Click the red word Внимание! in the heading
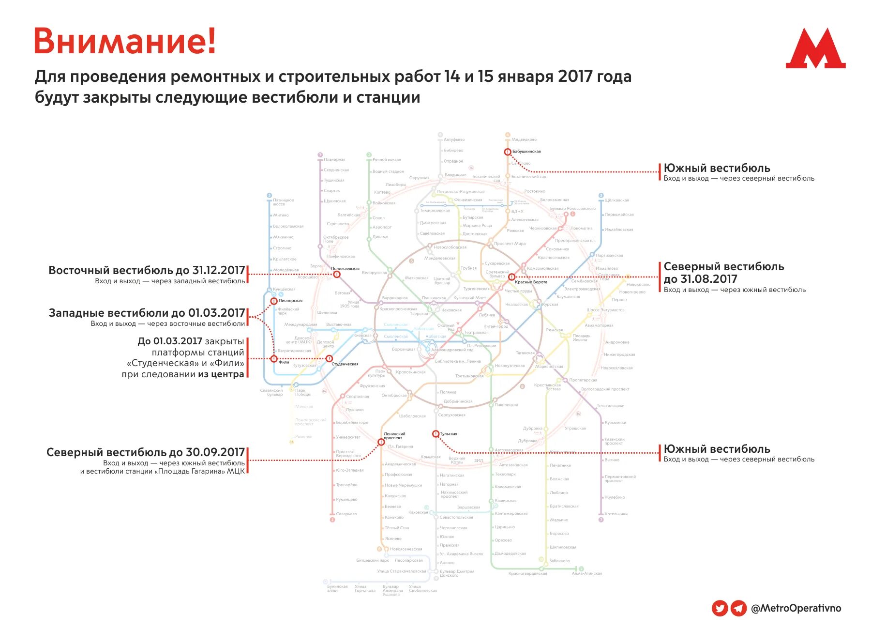[x=124, y=41]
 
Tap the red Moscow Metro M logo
[x=815, y=49]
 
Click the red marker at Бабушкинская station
[x=508, y=152]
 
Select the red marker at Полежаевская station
[x=337, y=275]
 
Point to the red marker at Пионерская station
[x=274, y=301]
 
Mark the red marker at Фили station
[x=274, y=359]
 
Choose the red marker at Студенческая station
[x=329, y=359]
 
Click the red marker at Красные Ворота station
[x=511, y=277]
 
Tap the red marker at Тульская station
[x=435, y=434]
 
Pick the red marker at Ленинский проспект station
[x=381, y=442]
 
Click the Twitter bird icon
[x=720, y=608]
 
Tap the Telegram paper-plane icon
[x=738, y=608]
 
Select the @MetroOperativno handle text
[x=796, y=609]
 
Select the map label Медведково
[x=524, y=139]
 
